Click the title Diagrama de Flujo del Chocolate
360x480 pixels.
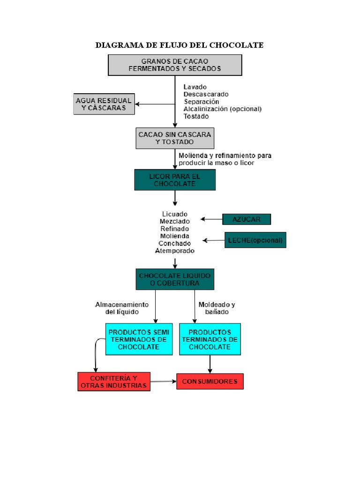pos(180,45)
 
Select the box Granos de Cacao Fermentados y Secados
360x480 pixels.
pos(175,65)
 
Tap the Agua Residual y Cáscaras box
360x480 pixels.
pos(104,104)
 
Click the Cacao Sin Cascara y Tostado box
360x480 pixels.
pos(175,138)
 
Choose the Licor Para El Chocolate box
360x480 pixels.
pos(175,180)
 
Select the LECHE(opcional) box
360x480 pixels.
pos(255,240)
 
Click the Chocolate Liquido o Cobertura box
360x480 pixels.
pos(175,279)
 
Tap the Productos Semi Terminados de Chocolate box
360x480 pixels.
pos(139,339)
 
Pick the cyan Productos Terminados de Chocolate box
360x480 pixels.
pos(210,339)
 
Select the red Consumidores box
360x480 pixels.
pos(210,382)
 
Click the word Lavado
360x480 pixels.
pos(195,87)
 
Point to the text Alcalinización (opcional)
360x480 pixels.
pos(222,109)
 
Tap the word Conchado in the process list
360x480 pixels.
pos(175,243)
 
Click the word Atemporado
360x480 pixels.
pos(175,251)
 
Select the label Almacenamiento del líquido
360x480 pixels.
pos(122,308)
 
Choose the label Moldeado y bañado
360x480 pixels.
pos(217,308)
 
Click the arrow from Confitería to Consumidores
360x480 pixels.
pos(164,382)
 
